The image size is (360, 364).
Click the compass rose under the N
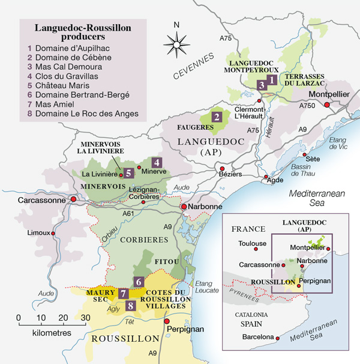pyautogui.click(x=176, y=43)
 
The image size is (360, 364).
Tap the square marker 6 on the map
pyautogui.click(x=139, y=281)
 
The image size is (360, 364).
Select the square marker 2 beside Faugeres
pyautogui.click(x=217, y=117)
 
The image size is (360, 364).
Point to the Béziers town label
pyautogui.click(x=231, y=174)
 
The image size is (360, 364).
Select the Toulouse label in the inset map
pyautogui.click(x=252, y=244)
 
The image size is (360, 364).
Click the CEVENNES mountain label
pyautogui.click(x=194, y=67)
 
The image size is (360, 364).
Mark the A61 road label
pyautogui.click(x=128, y=213)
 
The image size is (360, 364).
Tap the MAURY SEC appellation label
pyautogui.click(x=100, y=297)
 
